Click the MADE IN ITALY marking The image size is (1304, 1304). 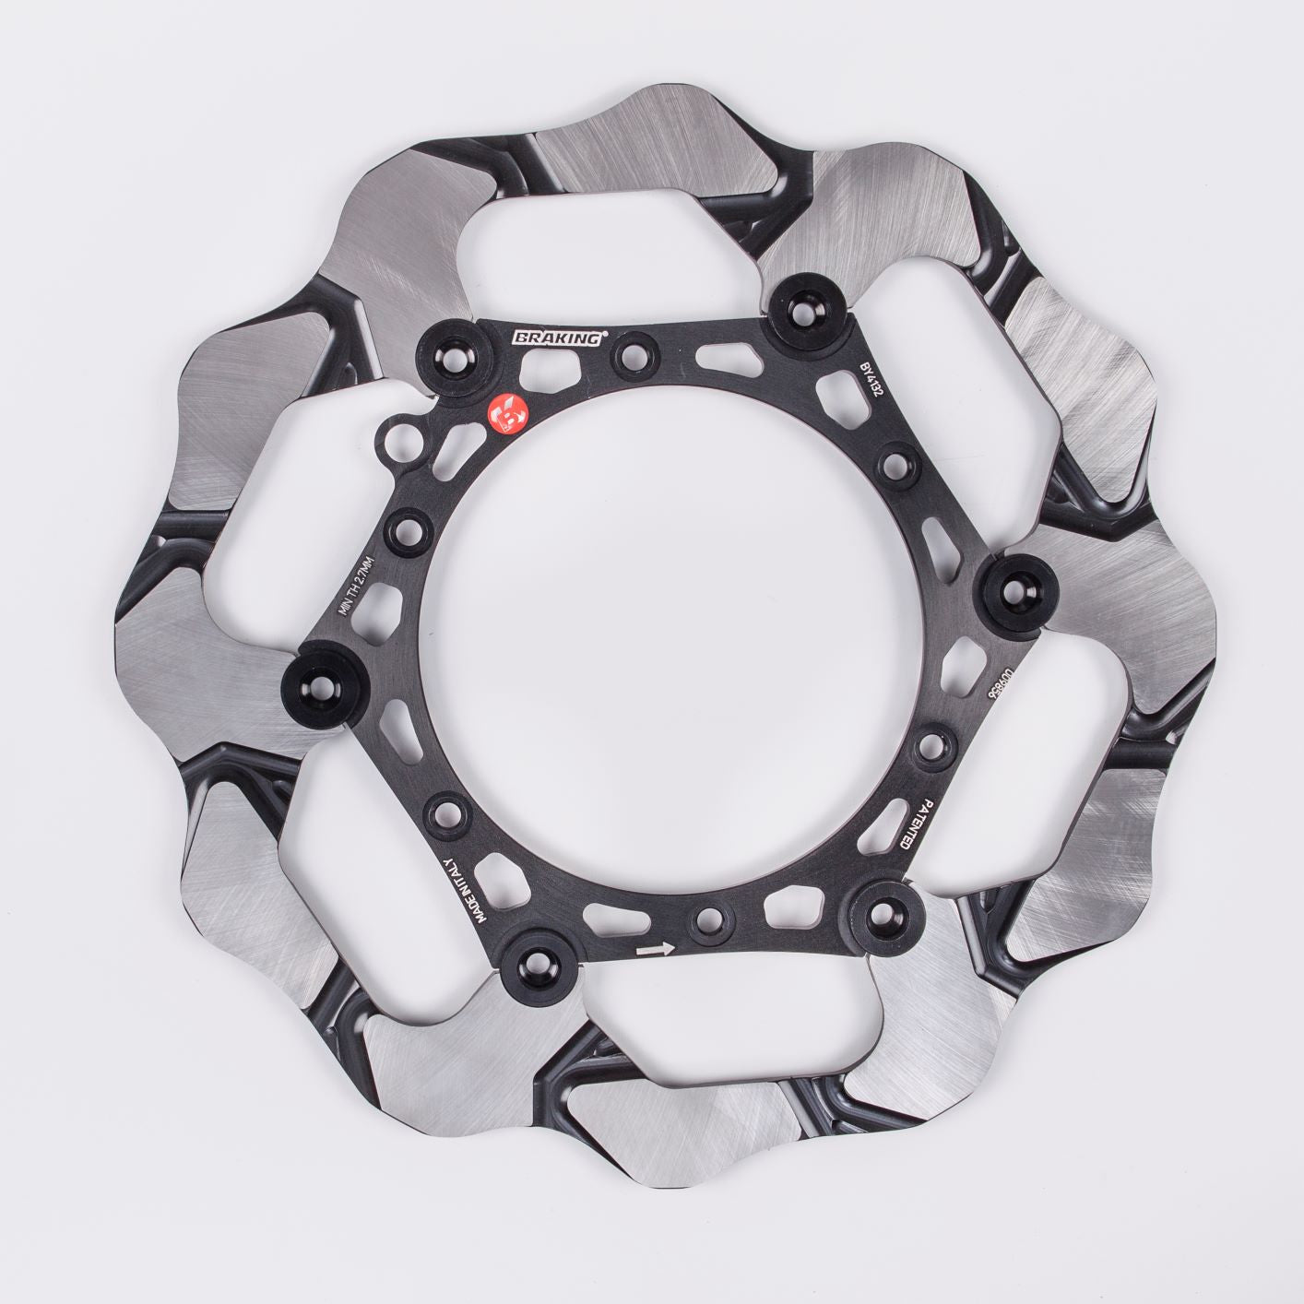tap(460, 888)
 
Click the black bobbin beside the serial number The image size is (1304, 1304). tap(1018, 584)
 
